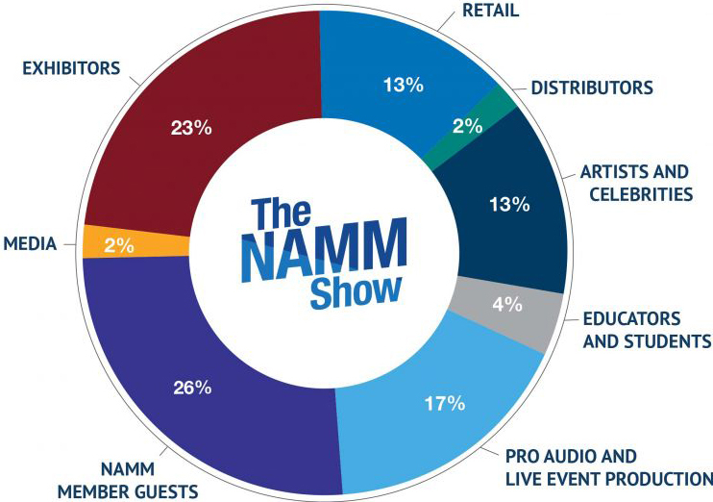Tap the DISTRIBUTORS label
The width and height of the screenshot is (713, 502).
(591, 88)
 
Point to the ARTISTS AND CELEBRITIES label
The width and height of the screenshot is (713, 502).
(634, 183)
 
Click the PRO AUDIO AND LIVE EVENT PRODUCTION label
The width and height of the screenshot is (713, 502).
(608, 466)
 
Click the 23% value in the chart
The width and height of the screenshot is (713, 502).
(191, 127)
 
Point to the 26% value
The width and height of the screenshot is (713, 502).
(192, 389)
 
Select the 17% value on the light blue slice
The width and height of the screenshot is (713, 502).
(445, 403)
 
